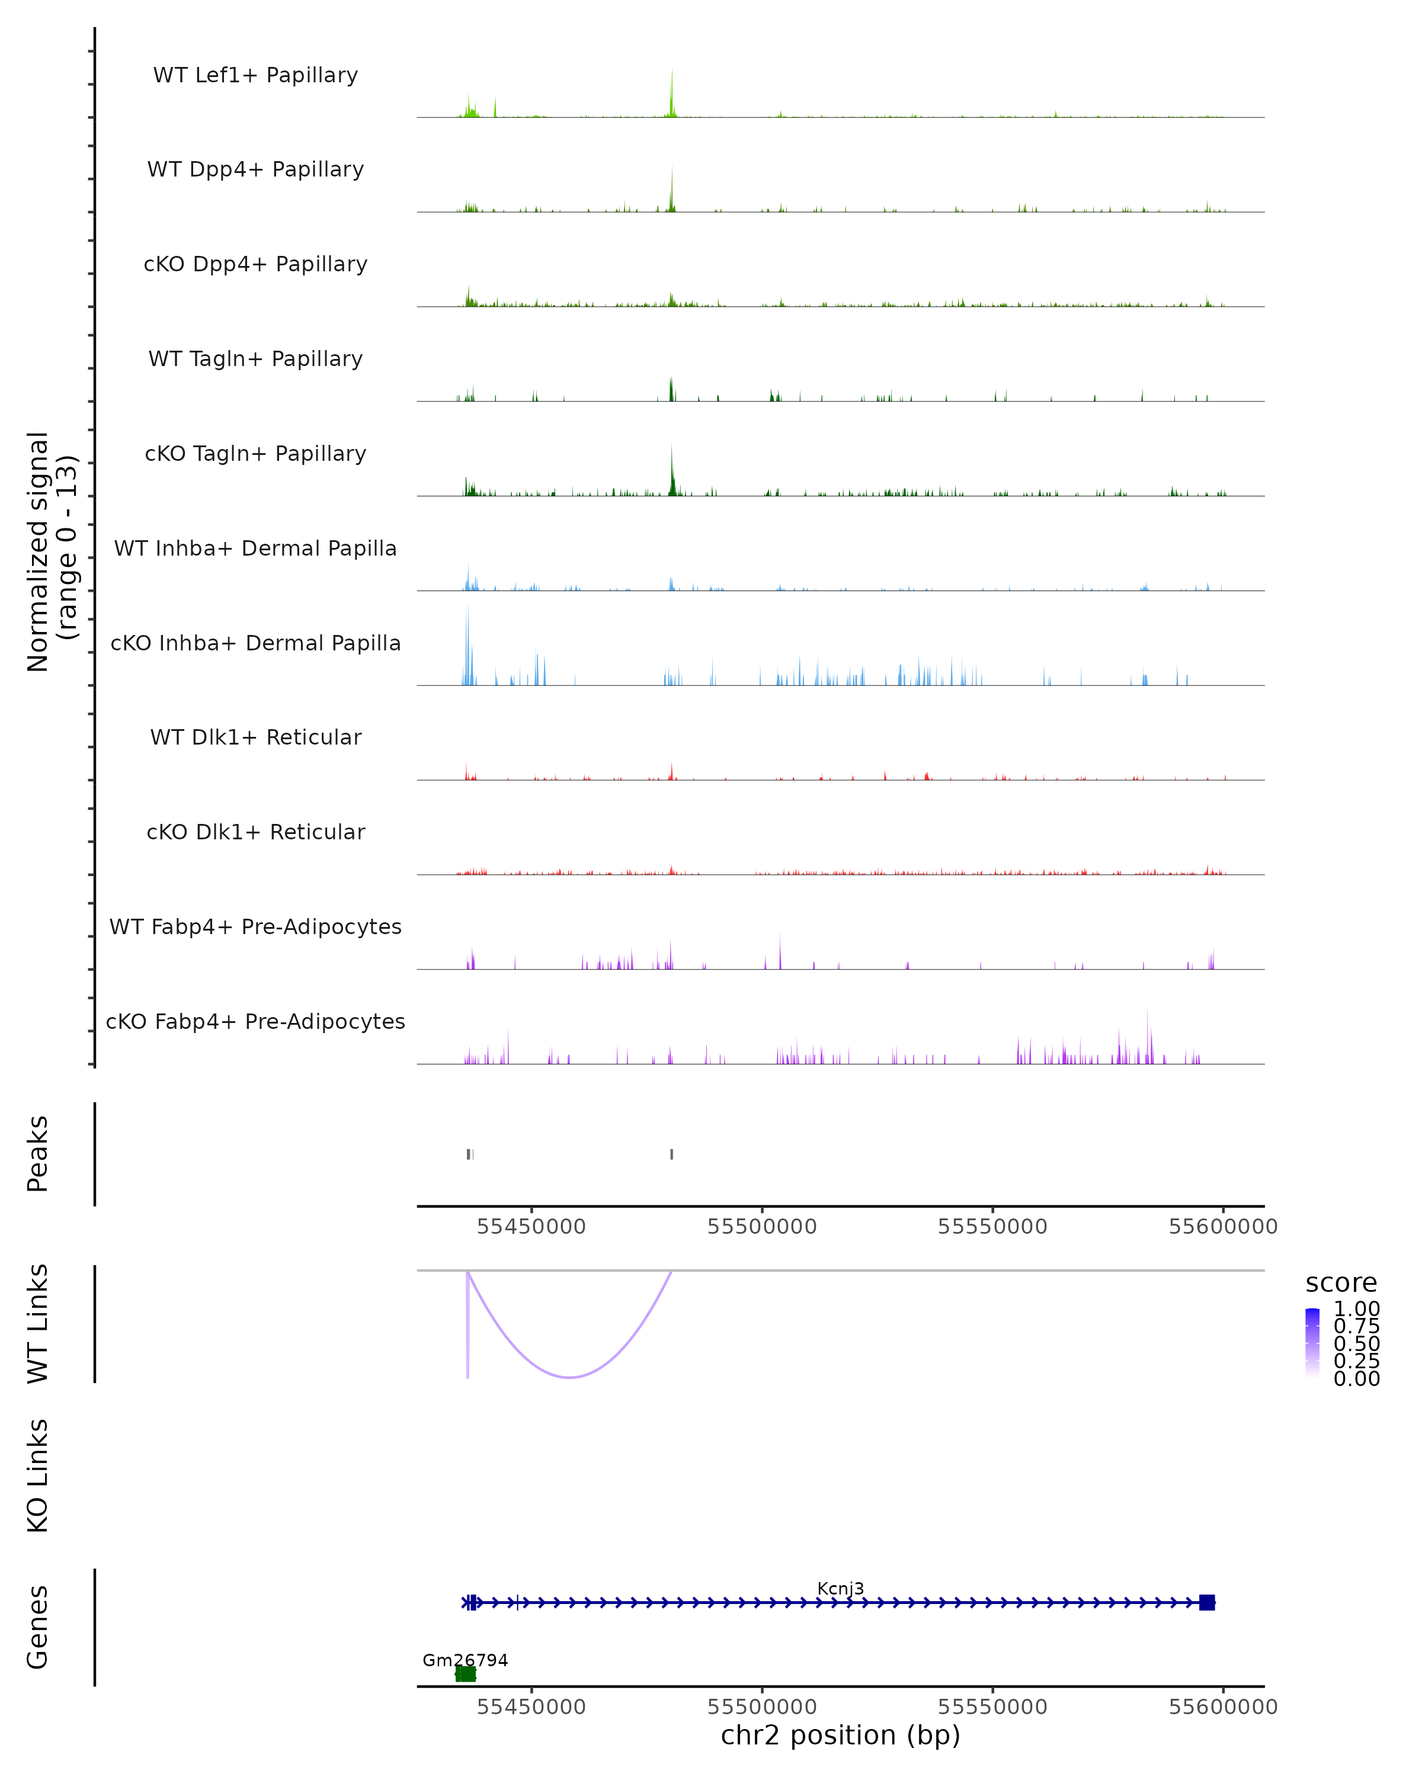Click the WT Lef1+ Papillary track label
[255, 75]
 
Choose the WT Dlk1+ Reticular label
[255, 737]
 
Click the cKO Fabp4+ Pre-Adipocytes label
[255, 1021]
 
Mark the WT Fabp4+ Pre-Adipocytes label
[255, 926]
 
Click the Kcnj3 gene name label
[840, 1588]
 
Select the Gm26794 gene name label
[465, 1660]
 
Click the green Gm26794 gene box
[466, 1674]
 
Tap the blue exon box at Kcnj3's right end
[1207, 1602]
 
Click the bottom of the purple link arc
[569, 1377]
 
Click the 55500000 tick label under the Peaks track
[762, 1227]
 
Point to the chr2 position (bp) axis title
[840, 1735]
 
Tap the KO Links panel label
[38, 1476]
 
